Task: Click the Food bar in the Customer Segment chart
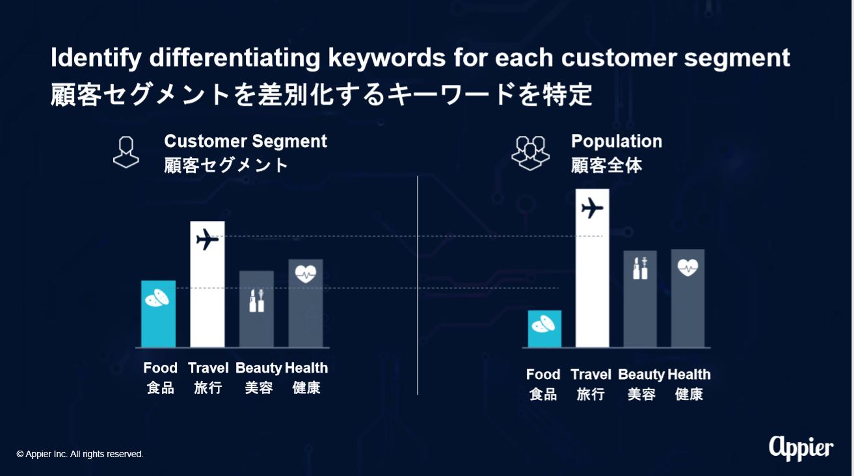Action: (158, 313)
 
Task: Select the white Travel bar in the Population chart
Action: (592, 268)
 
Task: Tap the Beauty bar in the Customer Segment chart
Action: (256, 309)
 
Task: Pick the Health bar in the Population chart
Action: (687, 298)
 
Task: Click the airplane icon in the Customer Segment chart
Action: (207, 239)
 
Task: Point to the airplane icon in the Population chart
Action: (592, 208)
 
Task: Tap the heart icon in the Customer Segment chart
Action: (306, 274)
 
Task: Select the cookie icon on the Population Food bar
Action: (544, 324)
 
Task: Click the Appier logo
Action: (801, 449)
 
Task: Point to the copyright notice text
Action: (80, 454)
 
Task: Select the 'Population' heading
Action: (617, 141)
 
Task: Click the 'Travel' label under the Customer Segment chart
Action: (208, 368)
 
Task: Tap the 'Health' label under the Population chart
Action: (689, 375)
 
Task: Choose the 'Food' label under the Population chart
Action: (543, 375)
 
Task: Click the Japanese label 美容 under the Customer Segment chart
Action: (259, 388)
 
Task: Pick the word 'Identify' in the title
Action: (96, 59)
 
